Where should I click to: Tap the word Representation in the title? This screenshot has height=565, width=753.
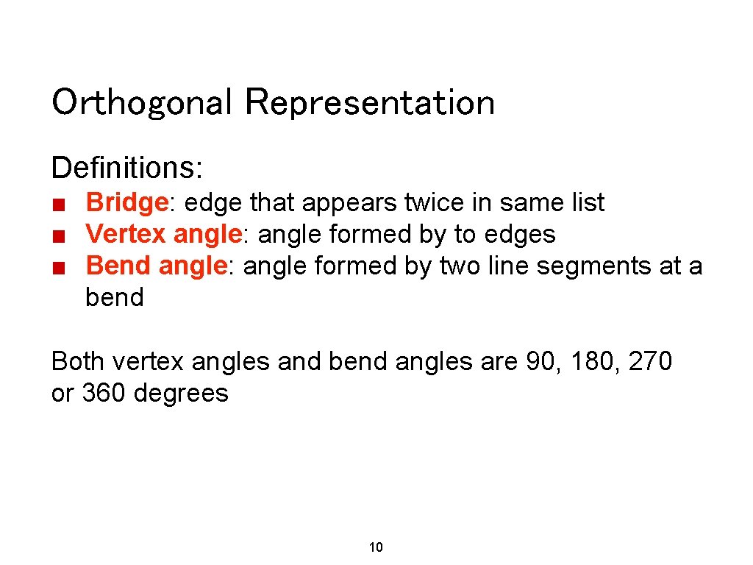370,103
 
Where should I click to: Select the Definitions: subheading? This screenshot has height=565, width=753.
127,168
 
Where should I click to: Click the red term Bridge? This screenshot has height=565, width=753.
126,202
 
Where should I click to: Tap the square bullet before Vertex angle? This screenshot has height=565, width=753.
60,236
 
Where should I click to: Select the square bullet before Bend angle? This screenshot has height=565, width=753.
60,267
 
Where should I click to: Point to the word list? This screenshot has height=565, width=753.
587,202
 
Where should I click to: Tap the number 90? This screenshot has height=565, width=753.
540,362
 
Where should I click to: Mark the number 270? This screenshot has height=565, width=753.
650,362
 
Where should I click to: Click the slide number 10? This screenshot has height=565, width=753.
376,547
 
